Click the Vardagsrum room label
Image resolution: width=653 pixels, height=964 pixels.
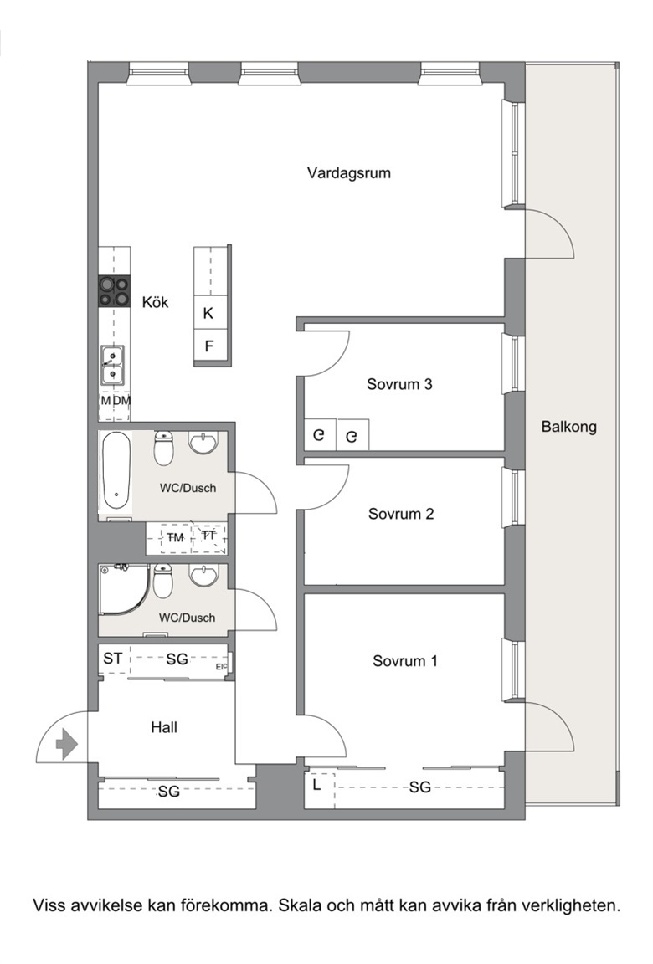348,172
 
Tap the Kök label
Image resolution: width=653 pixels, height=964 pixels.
155,302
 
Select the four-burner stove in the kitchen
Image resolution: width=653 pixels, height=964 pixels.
115,291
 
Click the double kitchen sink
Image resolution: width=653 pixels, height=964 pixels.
112,365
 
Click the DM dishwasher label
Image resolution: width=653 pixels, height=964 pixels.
122,401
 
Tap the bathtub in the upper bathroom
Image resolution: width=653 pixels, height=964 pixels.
116,470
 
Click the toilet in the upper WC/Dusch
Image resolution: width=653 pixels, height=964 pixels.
163,448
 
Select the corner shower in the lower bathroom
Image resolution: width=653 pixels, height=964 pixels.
124,588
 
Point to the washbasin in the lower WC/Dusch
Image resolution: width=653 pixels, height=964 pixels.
203,575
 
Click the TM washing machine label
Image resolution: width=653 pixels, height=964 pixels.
175,538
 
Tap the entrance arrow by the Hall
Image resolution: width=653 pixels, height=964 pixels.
66,745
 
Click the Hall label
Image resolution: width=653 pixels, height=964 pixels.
164,727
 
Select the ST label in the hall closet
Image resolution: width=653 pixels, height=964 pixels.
112,659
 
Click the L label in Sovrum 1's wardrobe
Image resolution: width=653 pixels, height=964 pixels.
316,784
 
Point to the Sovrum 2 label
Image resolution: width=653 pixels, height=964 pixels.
401,513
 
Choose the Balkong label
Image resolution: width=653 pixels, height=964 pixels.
568,427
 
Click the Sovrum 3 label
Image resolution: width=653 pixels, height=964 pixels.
399,384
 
